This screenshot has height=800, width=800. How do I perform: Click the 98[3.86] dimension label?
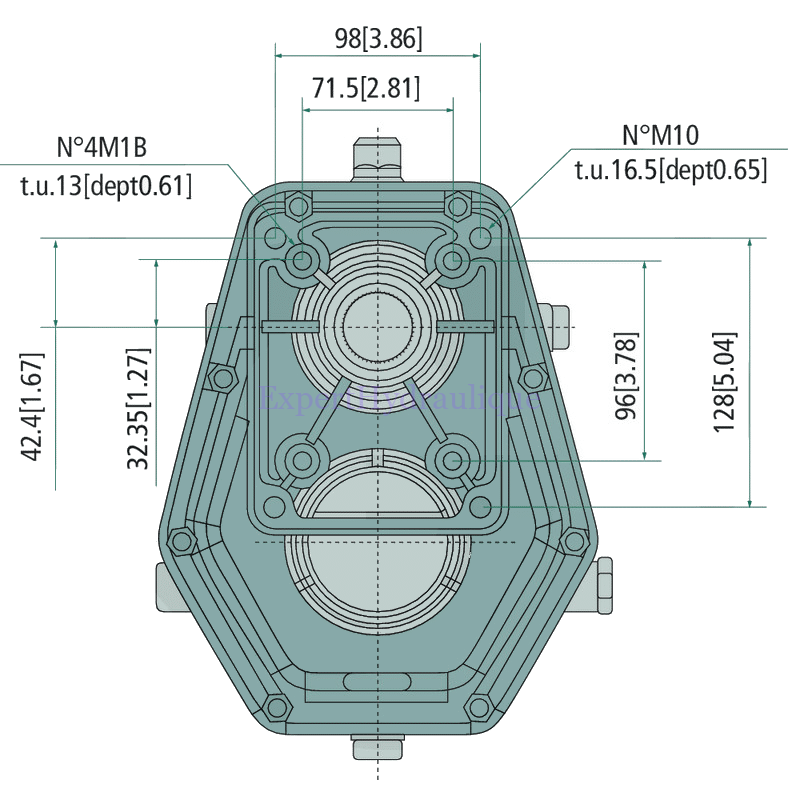378,39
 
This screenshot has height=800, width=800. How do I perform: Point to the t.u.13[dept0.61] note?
106,186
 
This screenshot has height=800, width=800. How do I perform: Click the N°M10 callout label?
660,134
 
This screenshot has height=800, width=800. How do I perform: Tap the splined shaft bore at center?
377,326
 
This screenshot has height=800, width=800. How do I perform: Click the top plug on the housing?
377,158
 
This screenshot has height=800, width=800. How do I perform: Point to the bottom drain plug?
378,747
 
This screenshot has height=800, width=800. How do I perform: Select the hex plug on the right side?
602,585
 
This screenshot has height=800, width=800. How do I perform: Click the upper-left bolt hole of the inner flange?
301,262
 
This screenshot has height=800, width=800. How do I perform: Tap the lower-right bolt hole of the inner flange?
453,460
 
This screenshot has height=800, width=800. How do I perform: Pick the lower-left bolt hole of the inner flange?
301,460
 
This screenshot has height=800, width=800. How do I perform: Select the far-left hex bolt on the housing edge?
181,541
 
